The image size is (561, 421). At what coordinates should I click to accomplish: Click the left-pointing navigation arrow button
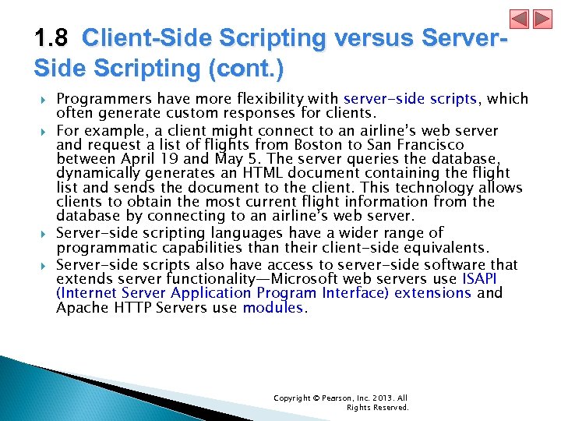coord(520,19)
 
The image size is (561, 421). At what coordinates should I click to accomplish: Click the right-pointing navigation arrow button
coord(542,19)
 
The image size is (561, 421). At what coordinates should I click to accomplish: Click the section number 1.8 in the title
coord(51,38)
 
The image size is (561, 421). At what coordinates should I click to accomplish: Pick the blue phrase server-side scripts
coord(410,99)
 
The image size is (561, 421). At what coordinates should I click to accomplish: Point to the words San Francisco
coord(422,144)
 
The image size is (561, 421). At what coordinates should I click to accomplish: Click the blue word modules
coord(273,308)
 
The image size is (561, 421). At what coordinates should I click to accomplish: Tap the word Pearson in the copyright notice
coord(330,398)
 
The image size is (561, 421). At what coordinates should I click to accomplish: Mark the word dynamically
coord(97,173)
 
